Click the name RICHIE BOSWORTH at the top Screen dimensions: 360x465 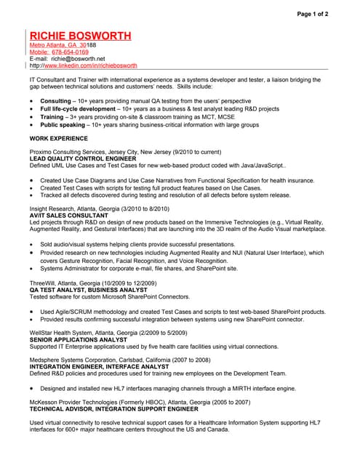click(x=80, y=36)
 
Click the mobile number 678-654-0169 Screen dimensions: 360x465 click(x=69, y=52)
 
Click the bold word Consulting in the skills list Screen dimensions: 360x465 click(x=55, y=100)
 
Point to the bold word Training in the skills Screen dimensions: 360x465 click(x=52, y=116)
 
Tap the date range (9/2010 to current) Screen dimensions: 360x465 click(x=195, y=152)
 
